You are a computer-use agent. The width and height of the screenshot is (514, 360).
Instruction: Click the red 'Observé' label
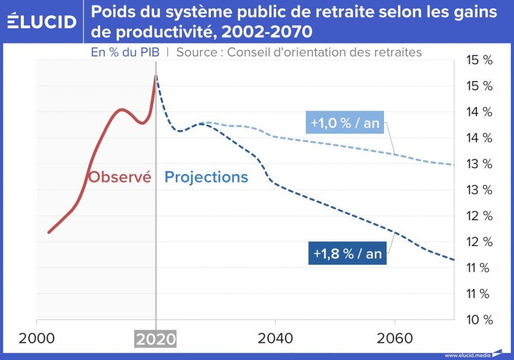pos(120,177)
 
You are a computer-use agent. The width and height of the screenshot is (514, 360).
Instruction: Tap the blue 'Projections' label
pos(206,177)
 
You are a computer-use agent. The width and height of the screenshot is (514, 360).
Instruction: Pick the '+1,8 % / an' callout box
pos(348,254)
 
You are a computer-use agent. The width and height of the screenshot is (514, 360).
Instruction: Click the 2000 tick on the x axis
pos(36,339)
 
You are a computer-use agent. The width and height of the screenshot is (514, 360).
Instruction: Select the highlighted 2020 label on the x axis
pos(155,339)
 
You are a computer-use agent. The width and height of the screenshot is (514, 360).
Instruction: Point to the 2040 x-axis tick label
pos(276,339)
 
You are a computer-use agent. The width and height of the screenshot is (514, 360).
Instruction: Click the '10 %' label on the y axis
pos(479,320)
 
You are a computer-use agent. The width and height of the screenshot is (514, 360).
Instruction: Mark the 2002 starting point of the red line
pos(48,233)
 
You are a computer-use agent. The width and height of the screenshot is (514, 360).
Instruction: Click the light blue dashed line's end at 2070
pos(454,165)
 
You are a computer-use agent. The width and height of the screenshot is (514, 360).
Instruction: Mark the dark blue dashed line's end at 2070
pos(454,260)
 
